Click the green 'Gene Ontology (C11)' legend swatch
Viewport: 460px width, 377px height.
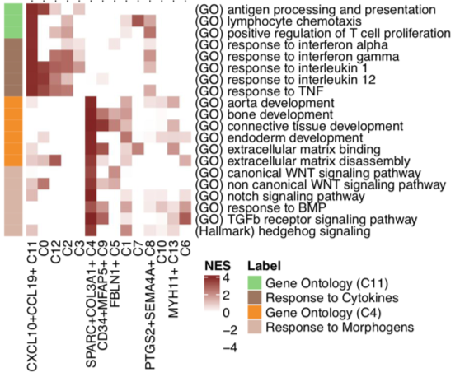point(256,285)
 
